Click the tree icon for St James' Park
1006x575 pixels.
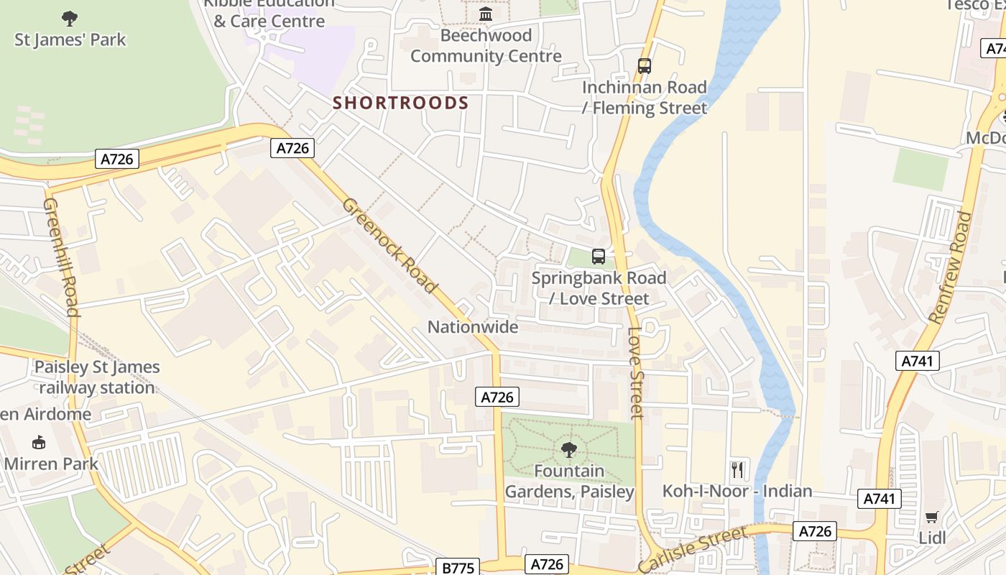[x=70, y=18]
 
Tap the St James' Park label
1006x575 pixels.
[x=70, y=40]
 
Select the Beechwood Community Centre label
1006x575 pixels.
[x=486, y=46]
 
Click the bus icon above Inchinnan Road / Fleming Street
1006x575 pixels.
[x=645, y=66]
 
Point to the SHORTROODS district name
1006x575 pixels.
[x=400, y=103]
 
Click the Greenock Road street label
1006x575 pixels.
[x=389, y=245]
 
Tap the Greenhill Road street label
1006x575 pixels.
[x=61, y=257]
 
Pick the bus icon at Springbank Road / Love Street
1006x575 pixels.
[x=598, y=257]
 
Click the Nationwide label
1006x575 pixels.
[x=472, y=328]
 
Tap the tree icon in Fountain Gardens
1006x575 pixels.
[x=568, y=450]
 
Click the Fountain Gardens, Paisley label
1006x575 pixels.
[x=569, y=482]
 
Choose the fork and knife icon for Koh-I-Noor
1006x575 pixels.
[x=737, y=470]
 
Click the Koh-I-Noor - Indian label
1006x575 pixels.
[x=737, y=492]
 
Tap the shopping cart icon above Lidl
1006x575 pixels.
[x=932, y=517]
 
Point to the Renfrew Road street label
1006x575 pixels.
[x=950, y=267]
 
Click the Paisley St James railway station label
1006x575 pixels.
[x=97, y=377]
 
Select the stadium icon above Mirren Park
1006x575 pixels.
[x=38, y=442]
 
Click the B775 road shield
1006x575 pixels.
[x=458, y=568]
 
